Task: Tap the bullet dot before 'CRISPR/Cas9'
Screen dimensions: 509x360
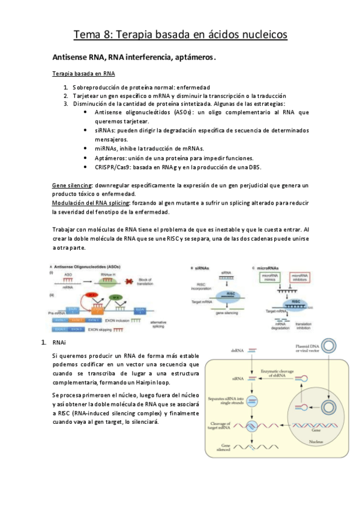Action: pos(87,167)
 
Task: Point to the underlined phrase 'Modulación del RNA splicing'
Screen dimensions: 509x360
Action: pos(91,203)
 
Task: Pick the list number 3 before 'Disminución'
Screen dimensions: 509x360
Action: pos(66,104)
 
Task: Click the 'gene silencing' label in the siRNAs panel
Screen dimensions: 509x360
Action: pos(221,314)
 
